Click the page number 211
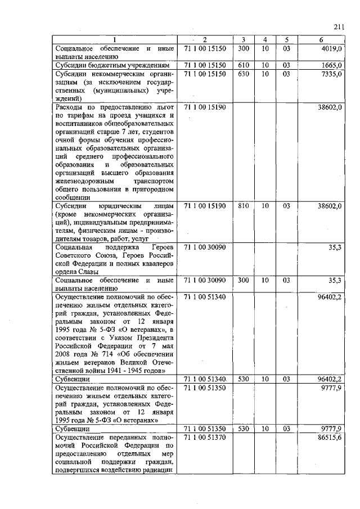point(338,26)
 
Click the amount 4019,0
point(331,49)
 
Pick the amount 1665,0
point(331,66)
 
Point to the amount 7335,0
point(331,74)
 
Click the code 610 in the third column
point(244,66)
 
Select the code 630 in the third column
point(244,74)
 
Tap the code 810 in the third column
point(244,206)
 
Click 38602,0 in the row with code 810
point(330,206)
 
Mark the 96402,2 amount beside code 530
point(330,379)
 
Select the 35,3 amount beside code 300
point(335,280)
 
